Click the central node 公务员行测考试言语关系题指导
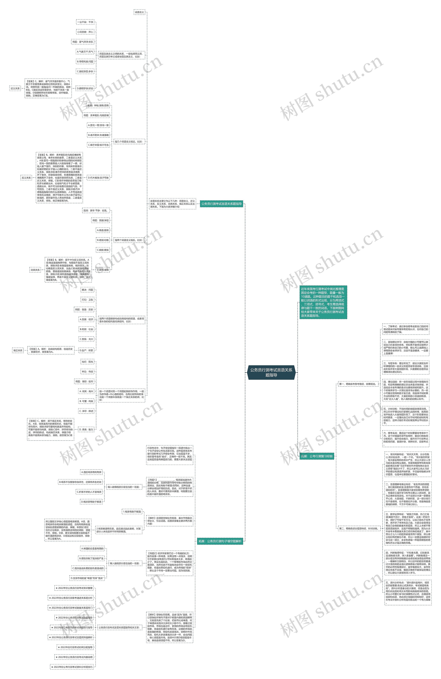[x=271, y=372]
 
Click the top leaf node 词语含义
[x=139, y=12]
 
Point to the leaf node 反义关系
[x=26, y=178]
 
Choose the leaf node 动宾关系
[x=35, y=270]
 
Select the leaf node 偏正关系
[x=18, y=350]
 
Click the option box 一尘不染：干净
[x=85, y=22]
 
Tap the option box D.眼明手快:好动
[x=85, y=88]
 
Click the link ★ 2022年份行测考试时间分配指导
[x=75, y=647]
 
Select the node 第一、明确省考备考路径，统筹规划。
[x=358, y=384]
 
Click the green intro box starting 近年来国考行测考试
[x=323, y=302]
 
